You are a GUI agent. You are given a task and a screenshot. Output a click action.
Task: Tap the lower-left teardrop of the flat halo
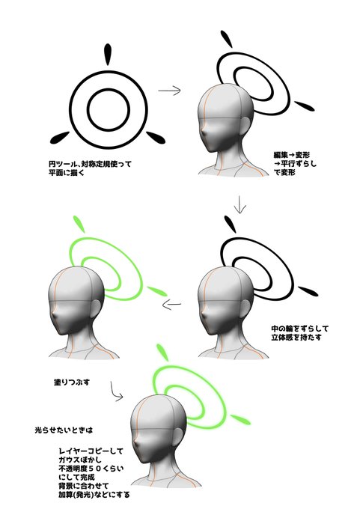click(57, 138)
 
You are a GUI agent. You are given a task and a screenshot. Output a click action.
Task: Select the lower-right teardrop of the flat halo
click(155, 136)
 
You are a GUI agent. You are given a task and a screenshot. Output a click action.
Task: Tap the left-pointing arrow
click(173, 304)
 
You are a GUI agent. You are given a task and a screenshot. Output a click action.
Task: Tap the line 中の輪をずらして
click(300, 327)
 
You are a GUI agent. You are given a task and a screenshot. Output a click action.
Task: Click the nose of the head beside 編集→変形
click(205, 138)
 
